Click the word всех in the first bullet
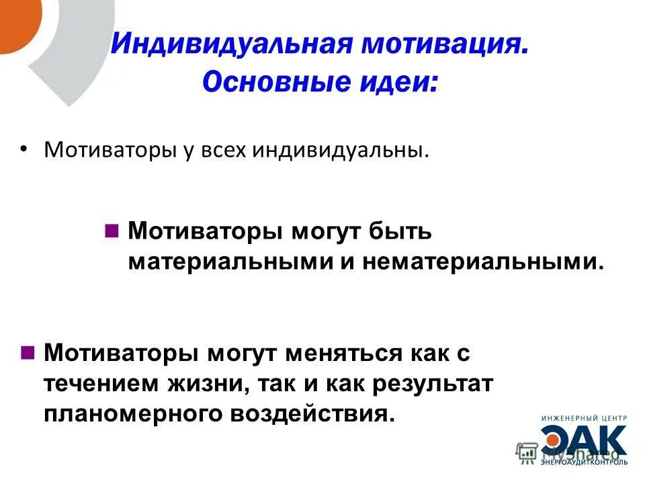tap(224, 149)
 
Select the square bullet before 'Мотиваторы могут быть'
tap(112, 231)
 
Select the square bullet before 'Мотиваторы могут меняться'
tap(28, 352)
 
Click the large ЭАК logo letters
tap(585, 440)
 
